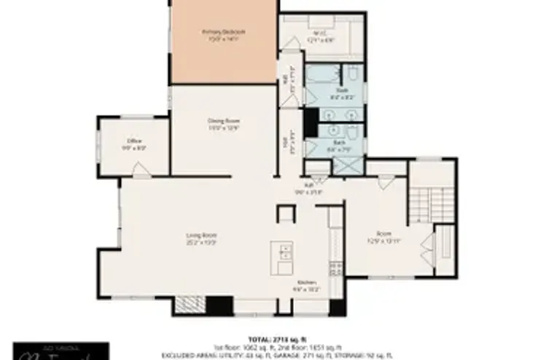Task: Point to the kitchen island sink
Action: pyautogui.click(x=286, y=254)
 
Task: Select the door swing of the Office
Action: pyautogui.click(x=141, y=171)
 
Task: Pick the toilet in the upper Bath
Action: pyautogui.click(x=351, y=73)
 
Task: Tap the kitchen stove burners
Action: pyautogui.click(x=336, y=269)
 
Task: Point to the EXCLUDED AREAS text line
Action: pyautogui.click(x=276, y=356)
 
